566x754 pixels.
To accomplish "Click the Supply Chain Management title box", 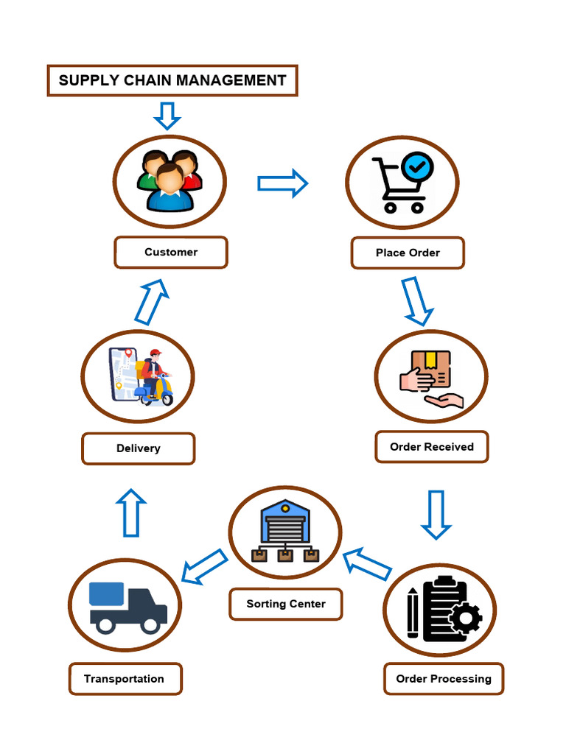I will point(172,80).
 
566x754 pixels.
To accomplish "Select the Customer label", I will point(171,253).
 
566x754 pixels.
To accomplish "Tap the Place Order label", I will point(408,253).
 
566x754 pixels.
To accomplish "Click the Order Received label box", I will point(431,447).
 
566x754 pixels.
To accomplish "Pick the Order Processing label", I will point(443,679).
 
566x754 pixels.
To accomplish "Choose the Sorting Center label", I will point(285,604).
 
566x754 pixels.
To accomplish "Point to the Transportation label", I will point(125,679).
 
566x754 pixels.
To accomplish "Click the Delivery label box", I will point(138,448).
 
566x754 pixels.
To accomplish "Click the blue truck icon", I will point(127,607).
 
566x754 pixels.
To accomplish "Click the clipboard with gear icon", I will point(443,609).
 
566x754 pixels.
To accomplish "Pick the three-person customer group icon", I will point(170,181).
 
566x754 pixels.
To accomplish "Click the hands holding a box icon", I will point(431,378).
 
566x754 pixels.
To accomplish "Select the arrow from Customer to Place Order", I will point(282,183).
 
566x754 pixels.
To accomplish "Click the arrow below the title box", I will point(167,116).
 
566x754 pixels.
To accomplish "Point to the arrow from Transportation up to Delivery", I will point(131,512).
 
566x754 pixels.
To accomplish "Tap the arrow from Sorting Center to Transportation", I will point(204,567).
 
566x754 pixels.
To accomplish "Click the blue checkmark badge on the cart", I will point(418,166).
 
